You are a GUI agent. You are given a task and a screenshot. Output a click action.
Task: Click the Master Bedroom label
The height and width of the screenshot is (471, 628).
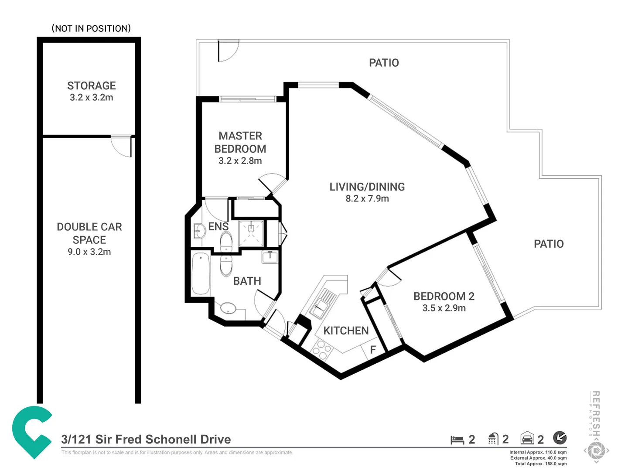(x=240, y=142)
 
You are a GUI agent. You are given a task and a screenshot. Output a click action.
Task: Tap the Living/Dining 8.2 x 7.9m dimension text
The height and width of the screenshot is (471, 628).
(x=367, y=199)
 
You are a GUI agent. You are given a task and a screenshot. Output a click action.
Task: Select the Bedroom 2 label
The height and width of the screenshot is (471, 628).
(x=444, y=296)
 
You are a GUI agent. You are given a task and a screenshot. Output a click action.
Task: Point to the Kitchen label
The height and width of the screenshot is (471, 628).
(x=346, y=331)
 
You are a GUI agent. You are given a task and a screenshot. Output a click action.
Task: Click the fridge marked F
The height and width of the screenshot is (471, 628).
(x=372, y=350)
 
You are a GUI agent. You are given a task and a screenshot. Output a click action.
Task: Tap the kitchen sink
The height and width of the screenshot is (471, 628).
(x=322, y=303)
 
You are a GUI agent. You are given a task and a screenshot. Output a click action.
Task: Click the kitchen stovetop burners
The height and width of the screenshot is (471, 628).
(x=322, y=350)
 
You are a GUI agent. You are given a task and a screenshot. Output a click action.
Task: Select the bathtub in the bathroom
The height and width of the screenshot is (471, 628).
(x=201, y=273)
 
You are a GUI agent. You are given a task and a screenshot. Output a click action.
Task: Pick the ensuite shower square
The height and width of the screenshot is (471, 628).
(x=251, y=233)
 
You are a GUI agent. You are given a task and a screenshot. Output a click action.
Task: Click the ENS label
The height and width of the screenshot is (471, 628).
(x=218, y=227)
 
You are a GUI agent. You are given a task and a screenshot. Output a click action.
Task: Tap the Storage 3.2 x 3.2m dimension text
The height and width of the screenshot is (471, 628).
(x=91, y=98)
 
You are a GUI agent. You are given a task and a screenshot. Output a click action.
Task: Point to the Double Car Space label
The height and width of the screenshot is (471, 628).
(x=89, y=233)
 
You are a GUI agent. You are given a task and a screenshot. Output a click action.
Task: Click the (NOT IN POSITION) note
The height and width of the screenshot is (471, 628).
(x=91, y=29)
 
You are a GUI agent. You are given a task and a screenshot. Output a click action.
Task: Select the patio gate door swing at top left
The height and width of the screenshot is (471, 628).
(x=228, y=51)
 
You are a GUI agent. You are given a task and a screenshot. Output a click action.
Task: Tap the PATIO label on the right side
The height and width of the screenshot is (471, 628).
(x=549, y=244)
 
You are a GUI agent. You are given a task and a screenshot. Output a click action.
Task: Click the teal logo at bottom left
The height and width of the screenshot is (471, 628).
(x=31, y=431)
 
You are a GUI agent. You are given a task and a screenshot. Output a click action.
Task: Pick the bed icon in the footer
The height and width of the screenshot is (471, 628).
(x=457, y=440)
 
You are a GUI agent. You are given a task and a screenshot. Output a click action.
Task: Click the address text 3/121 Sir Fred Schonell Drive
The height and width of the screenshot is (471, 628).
(x=146, y=439)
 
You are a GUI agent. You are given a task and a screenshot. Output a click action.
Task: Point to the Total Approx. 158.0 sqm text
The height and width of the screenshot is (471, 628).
(x=540, y=464)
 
